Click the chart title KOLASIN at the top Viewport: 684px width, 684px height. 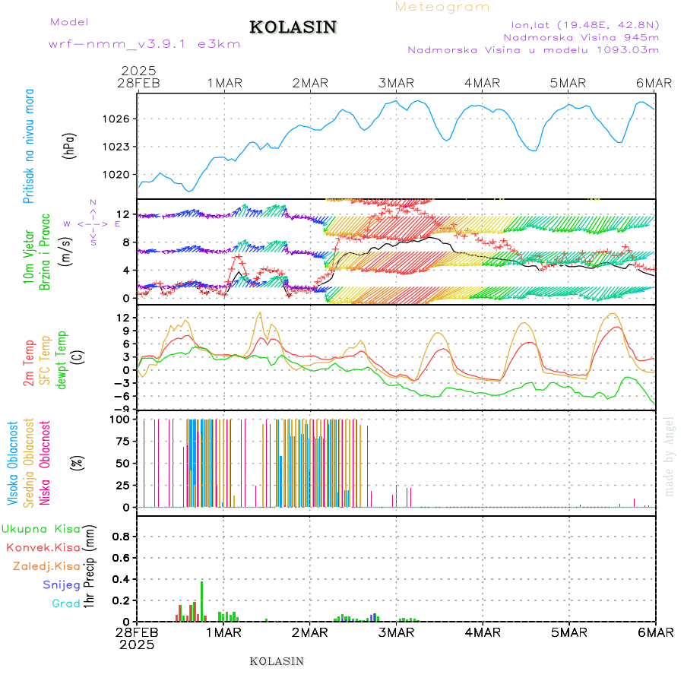pyautogui.click(x=293, y=27)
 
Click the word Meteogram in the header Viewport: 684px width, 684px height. pyautogui.click(x=442, y=7)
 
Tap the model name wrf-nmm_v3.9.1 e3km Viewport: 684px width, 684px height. pyautogui.click(x=144, y=44)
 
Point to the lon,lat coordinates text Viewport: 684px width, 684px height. pyautogui.click(x=575, y=23)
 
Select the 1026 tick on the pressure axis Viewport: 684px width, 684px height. pyautogui.click(x=119, y=119)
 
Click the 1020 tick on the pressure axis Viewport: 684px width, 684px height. pyautogui.click(x=119, y=174)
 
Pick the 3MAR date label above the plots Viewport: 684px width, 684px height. pyautogui.click(x=396, y=84)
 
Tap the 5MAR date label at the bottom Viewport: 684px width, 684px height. pyautogui.click(x=568, y=632)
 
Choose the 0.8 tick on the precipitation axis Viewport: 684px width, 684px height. pyautogui.click(x=121, y=536)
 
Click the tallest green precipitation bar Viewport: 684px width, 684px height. pyautogui.click(x=201, y=601)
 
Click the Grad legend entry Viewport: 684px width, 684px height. pyautogui.click(x=66, y=604)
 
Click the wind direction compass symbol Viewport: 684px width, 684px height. pyautogui.click(x=93, y=223)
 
